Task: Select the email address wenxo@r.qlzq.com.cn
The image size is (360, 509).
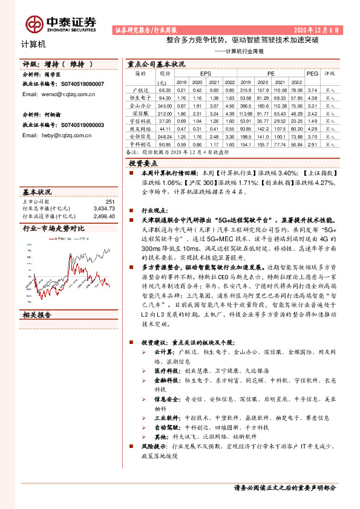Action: point(58,95)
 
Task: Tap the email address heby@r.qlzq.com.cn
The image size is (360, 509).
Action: point(56,135)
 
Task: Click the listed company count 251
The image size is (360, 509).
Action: point(110,202)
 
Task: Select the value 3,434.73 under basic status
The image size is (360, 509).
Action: point(104,209)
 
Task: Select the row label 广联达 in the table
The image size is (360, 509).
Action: point(140,89)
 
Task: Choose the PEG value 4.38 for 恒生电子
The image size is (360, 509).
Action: point(312,97)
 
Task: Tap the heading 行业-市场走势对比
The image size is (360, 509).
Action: point(53,229)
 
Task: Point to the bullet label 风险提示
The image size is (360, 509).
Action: point(154,446)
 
